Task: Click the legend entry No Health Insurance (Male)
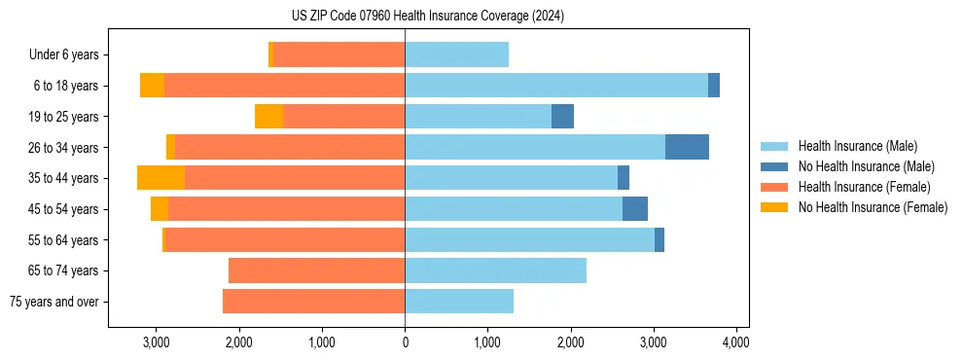866,166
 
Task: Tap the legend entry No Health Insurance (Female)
873,207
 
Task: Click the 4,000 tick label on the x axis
736,342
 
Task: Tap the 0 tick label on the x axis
405,342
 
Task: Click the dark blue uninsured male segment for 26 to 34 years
687,147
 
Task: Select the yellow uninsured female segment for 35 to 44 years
160,178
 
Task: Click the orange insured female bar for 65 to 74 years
316,270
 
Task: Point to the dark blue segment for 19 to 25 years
562,117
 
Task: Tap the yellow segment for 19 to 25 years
268,117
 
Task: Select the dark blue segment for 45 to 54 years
634,209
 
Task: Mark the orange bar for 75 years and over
313,302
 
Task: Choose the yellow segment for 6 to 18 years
152,86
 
